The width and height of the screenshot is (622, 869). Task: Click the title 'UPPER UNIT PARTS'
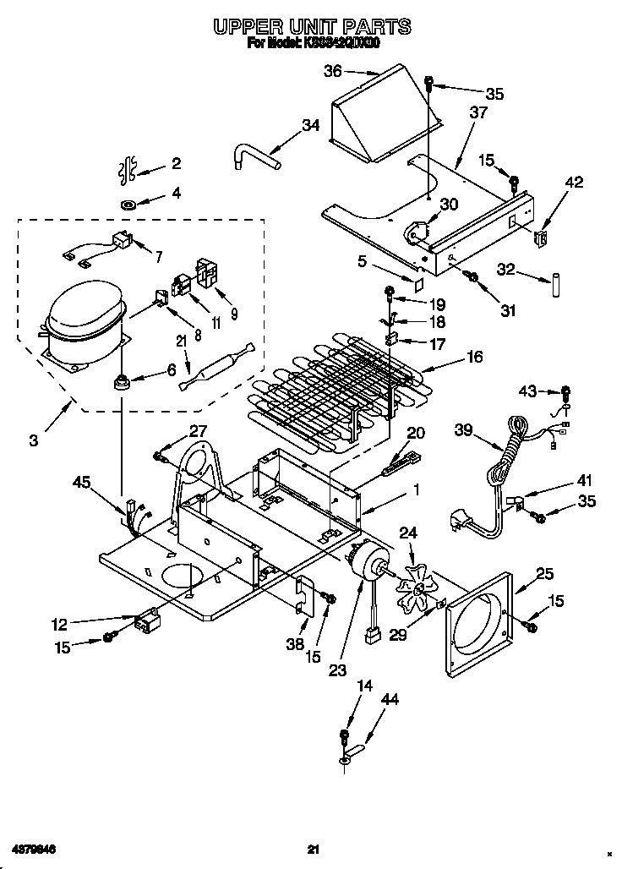pyautogui.click(x=312, y=27)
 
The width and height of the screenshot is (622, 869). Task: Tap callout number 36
pyautogui.click(x=334, y=72)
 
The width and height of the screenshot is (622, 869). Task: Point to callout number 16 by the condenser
pyautogui.click(x=474, y=358)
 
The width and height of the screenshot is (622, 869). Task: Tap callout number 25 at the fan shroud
pyautogui.click(x=545, y=575)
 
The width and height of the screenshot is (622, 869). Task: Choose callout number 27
pyautogui.click(x=197, y=430)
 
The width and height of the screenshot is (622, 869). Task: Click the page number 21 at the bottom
pyautogui.click(x=313, y=850)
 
